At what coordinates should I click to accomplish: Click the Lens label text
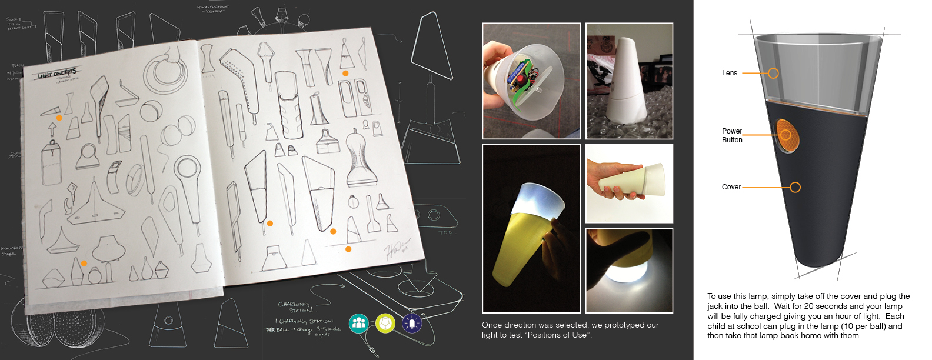730,73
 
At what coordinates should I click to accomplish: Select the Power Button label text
732,135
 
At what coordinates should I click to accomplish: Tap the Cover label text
731,187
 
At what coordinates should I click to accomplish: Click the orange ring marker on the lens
773,73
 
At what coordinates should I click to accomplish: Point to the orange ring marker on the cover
795,187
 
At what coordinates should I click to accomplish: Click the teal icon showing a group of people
358,323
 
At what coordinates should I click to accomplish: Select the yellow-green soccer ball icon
385,323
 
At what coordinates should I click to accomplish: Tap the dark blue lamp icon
412,323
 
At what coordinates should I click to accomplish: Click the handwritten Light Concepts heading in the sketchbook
57,74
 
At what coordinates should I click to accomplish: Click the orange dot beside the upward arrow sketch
59,118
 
